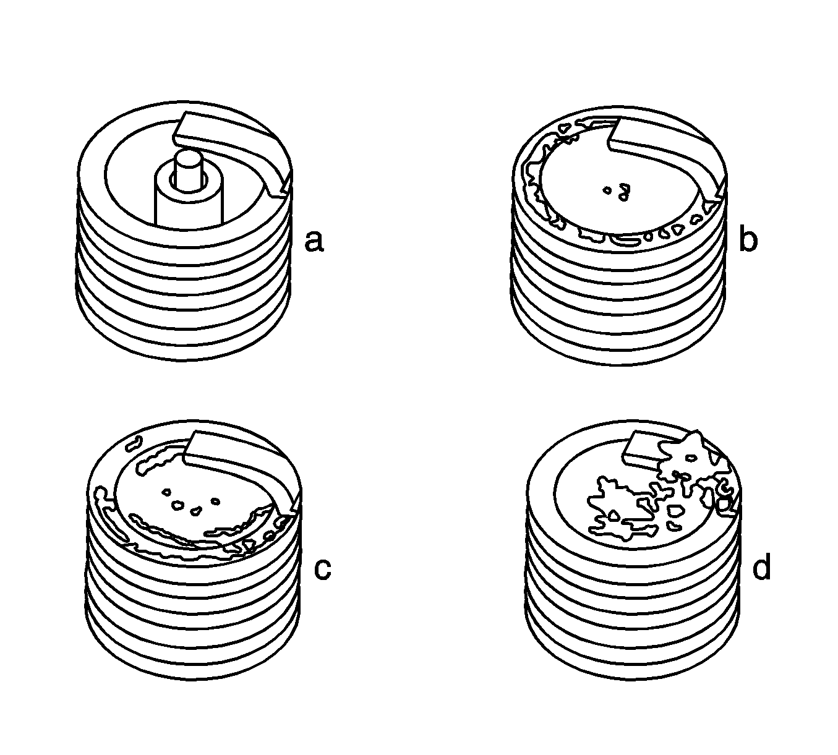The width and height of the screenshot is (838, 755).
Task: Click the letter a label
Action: pos(315,242)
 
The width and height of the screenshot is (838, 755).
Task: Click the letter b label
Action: pos(748,237)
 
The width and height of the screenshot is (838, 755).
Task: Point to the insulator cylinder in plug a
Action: pos(189,200)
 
